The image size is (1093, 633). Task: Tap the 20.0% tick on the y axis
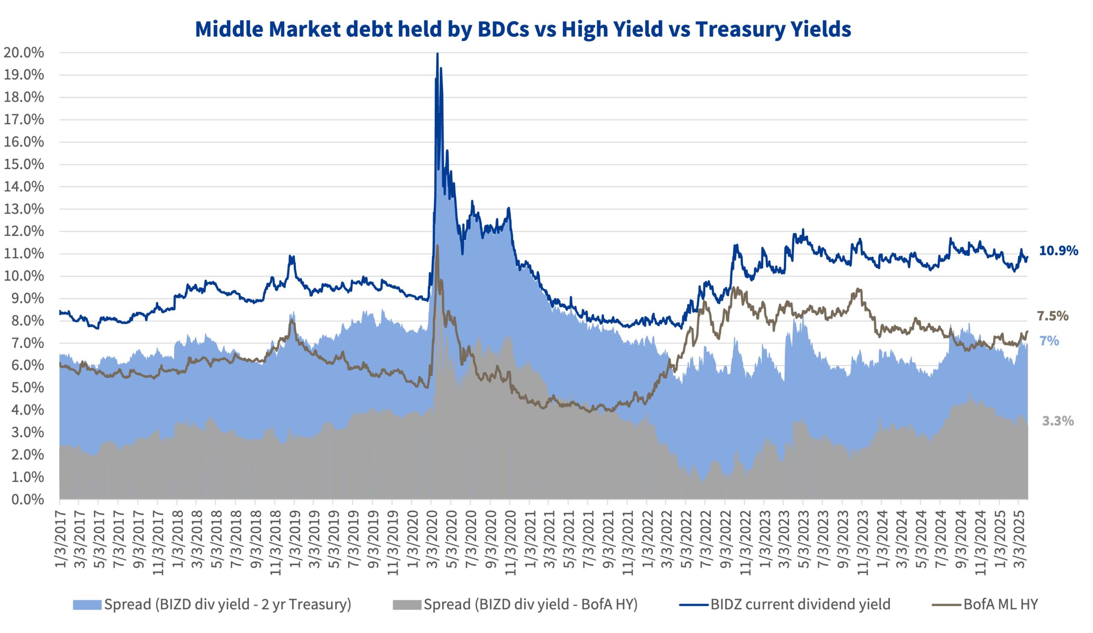(24, 53)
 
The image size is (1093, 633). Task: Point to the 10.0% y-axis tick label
(24, 276)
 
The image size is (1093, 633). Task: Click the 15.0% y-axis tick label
(24, 164)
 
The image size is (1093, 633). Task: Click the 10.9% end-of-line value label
(1058, 251)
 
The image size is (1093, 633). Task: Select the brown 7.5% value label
(1052, 316)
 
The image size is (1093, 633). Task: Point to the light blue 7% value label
(1049, 341)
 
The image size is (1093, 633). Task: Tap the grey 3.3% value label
(1058, 421)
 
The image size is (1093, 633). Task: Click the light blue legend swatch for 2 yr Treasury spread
(87, 604)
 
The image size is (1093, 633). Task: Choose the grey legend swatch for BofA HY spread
(406, 604)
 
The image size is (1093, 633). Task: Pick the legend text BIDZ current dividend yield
(800, 604)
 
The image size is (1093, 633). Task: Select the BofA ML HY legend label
(1001, 604)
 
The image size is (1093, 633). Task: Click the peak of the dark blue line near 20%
(437, 54)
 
